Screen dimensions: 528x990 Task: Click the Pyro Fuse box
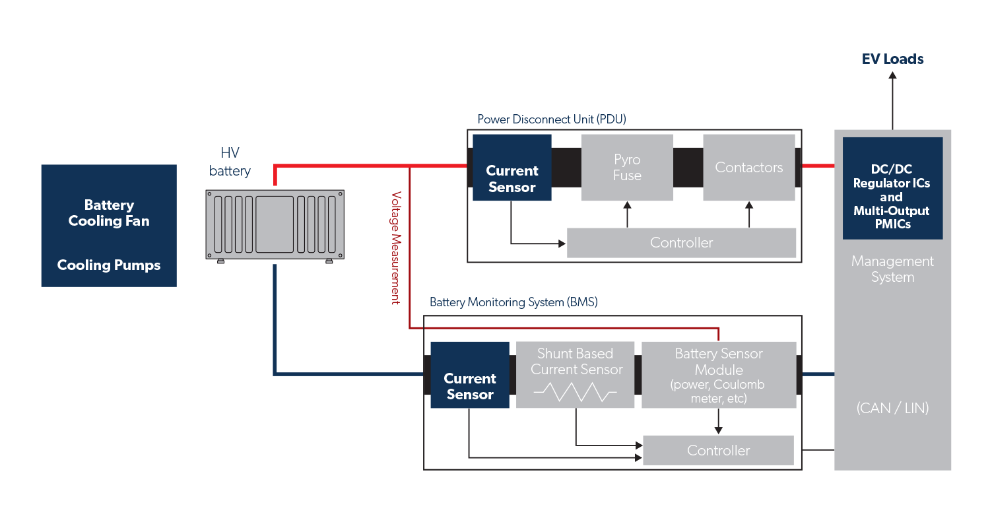point(627,168)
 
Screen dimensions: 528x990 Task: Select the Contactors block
point(748,168)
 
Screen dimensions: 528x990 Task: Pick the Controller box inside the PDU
point(681,243)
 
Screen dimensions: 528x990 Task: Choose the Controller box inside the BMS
point(718,450)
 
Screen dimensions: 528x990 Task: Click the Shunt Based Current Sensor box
point(576,374)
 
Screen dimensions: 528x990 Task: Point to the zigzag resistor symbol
point(576,393)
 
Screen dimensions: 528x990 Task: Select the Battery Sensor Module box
point(719,374)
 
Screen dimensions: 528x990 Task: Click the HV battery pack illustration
point(275,224)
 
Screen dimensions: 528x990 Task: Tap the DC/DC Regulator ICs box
point(892,188)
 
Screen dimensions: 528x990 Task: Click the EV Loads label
point(893,59)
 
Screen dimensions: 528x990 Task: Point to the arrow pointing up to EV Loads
point(893,99)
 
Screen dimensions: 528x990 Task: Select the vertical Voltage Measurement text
point(396,247)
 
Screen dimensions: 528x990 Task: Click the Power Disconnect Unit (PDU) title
point(552,119)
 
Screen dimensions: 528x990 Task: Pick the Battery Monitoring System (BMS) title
point(513,302)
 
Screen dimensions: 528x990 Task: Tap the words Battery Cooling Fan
point(109,213)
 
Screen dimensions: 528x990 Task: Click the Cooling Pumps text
point(109,265)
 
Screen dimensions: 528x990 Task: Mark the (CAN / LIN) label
point(892,408)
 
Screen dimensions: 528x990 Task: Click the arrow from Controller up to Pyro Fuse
point(627,215)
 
